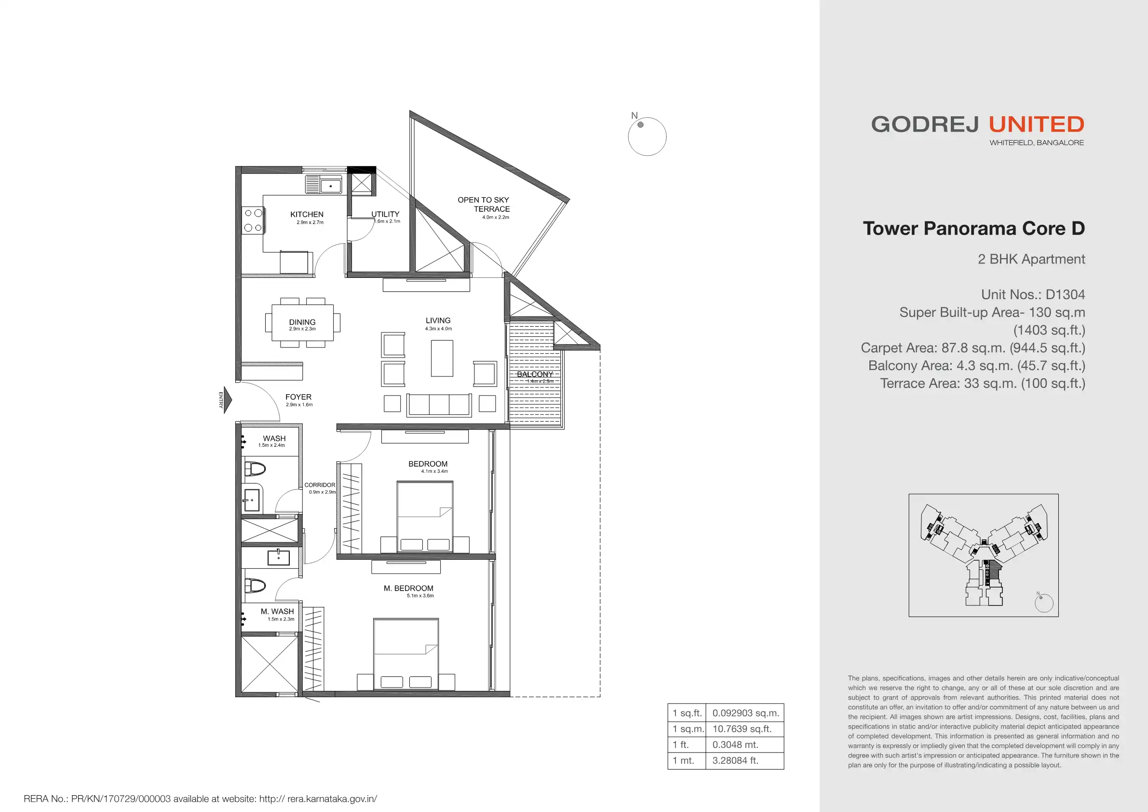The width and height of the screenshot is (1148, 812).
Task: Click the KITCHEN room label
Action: pyautogui.click(x=307, y=214)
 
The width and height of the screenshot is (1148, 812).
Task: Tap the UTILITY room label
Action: pyautogui.click(x=385, y=214)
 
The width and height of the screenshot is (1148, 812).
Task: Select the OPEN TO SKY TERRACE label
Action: pyautogui.click(x=484, y=204)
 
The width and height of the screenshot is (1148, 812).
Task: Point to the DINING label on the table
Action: pyautogui.click(x=302, y=322)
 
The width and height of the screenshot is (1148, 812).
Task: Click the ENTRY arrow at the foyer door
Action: pyautogui.click(x=228, y=400)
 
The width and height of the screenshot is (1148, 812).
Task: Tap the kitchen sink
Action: pyautogui.click(x=324, y=184)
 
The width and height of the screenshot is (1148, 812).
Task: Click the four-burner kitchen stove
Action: pyautogui.click(x=253, y=220)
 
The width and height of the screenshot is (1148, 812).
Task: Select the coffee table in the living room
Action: pyautogui.click(x=442, y=358)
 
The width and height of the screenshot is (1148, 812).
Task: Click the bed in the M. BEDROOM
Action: pyautogui.click(x=406, y=654)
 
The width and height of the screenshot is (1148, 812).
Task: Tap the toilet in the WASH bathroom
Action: pyautogui.click(x=255, y=469)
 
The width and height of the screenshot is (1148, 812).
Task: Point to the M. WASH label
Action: pyautogui.click(x=277, y=611)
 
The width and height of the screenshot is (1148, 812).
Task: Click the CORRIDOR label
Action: pyautogui.click(x=320, y=485)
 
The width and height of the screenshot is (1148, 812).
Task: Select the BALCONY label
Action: pyautogui.click(x=535, y=374)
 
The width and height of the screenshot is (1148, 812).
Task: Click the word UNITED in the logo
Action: pyautogui.click(x=1037, y=124)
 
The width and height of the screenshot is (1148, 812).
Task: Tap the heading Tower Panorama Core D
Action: pyautogui.click(x=974, y=228)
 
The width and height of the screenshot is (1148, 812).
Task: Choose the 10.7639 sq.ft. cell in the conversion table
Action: pyautogui.click(x=744, y=729)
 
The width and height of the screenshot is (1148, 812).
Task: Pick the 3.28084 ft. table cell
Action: pyautogui.click(x=744, y=760)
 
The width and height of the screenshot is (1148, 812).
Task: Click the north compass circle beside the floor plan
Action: pyautogui.click(x=647, y=136)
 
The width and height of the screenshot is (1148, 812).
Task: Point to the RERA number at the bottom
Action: pyautogui.click(x=200, y=798)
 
